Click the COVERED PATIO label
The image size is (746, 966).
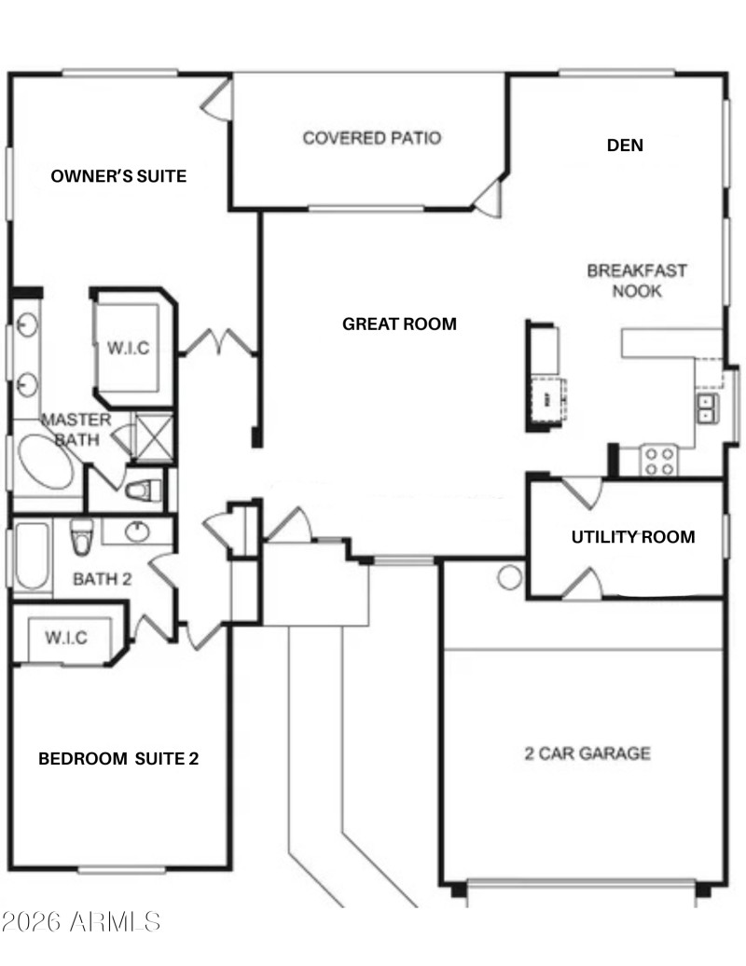371,138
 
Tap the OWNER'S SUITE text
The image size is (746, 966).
118,175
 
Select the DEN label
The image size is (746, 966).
625,145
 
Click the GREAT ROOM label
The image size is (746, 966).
399,324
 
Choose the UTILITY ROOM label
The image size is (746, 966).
632,536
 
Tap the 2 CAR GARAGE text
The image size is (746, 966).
587,752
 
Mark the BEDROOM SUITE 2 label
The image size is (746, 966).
118,759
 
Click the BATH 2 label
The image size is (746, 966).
103,579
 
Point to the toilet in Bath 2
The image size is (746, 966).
81,534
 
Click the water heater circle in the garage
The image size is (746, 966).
509,577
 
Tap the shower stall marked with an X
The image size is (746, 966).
153,436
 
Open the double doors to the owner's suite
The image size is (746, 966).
219,342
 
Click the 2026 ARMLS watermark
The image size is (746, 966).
81,922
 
